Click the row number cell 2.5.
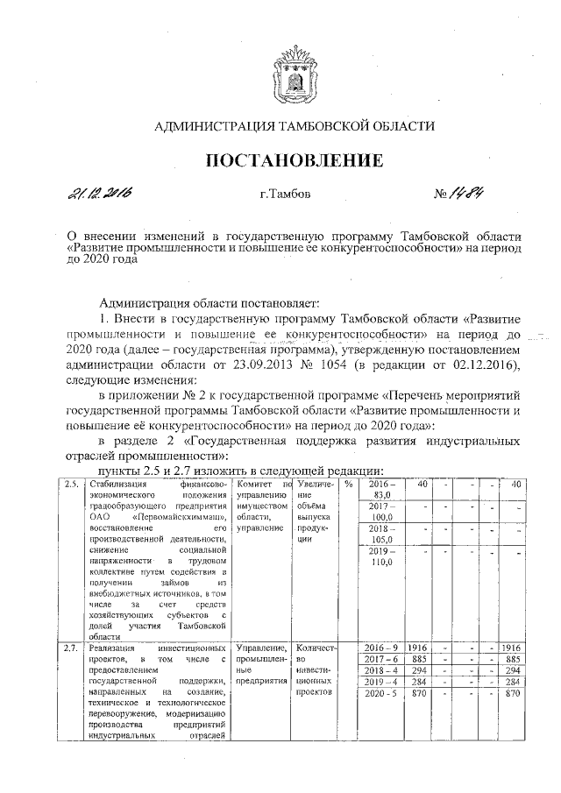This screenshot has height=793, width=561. point(63,484)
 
